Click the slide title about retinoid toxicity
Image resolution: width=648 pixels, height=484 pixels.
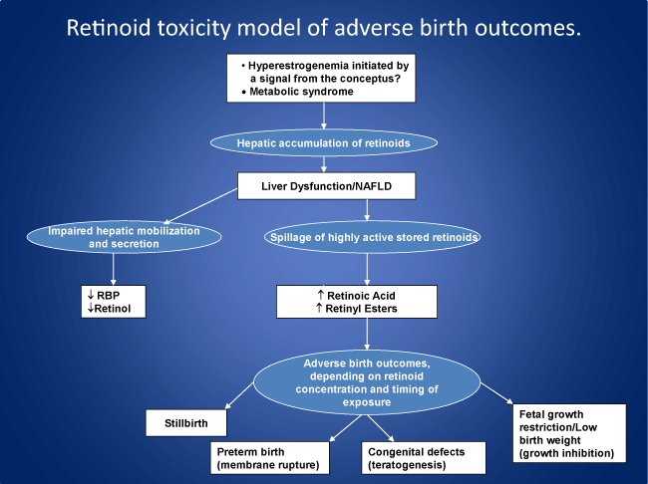[x=323, y=27]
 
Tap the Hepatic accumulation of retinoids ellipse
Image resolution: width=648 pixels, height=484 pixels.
[x=323, y=142]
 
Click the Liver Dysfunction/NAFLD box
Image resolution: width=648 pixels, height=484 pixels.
[x=323, y=186]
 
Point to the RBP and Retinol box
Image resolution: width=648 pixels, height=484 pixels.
[x=114, y=302]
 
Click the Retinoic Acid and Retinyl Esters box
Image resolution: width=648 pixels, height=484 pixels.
[x=356, y=302]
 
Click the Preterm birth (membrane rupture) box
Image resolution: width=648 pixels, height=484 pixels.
[x=271, y=458]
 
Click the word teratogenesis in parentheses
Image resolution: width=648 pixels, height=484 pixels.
[x=414, y=466]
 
